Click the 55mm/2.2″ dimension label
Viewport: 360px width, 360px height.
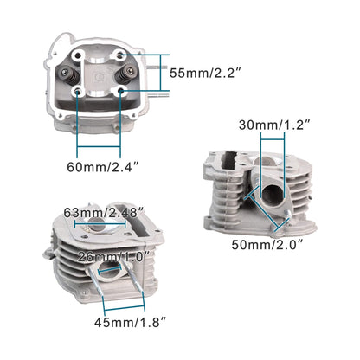pos(209,74)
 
